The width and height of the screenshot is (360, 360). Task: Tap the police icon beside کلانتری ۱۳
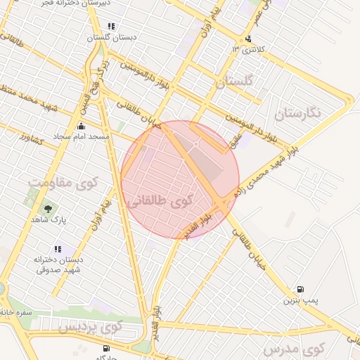tap(247, 39)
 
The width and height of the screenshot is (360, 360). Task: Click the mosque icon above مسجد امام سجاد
tap(81, 127)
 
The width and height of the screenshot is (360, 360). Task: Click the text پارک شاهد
tap(48, 219)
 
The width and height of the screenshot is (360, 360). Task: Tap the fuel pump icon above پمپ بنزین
tap(301, 289)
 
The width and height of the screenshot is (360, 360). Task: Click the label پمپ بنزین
tap(301, 301)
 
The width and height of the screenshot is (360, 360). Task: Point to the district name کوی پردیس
tap(90, 327)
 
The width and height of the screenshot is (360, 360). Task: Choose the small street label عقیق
tap(235, 141)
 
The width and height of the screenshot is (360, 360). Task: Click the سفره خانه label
tap(17, 311)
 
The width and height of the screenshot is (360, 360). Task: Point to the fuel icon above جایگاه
tap(106, 348)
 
